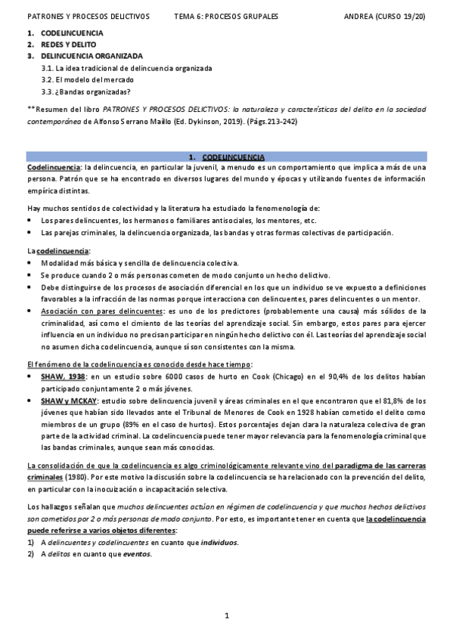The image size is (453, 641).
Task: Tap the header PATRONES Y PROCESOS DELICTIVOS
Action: click(88, 15)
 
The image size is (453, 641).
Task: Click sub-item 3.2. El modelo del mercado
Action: click(88, 79)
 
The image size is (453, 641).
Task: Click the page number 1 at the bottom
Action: click(227, 617)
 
